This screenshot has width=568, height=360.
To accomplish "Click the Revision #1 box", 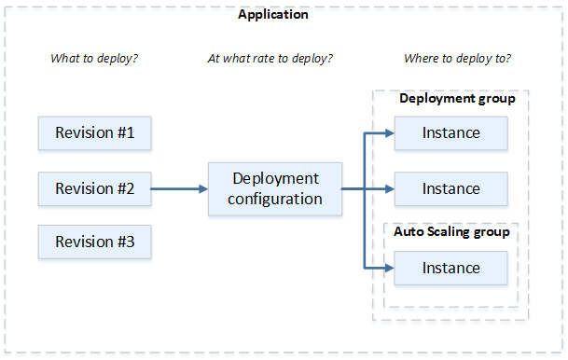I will click(x=94, y=133).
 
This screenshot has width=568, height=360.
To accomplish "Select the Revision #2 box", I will click(x=94, y=188).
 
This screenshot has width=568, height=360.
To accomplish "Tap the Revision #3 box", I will click(x=94, y=242).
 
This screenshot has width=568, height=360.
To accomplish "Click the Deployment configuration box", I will click(x=275, y=188).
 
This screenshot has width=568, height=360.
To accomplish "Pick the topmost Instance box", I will click(x=450, y=133).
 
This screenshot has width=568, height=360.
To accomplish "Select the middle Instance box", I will click(x=450, y=188).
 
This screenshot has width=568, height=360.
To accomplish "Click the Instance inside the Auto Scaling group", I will click(x=450, y=269).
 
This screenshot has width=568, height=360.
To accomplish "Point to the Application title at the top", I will click(x=273, y=15).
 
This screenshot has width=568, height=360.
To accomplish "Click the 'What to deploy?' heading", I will click(x=93, y=59).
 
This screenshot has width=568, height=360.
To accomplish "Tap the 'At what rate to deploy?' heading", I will click(x=270, y=59).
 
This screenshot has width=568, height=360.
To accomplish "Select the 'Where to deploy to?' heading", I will click(x=457, y=59).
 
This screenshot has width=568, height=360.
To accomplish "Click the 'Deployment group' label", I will click(x=457, y=99).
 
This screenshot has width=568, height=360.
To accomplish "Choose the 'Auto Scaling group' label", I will click(x=451, y=232).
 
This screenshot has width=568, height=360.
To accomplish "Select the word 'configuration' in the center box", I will click(x=276, y=199).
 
